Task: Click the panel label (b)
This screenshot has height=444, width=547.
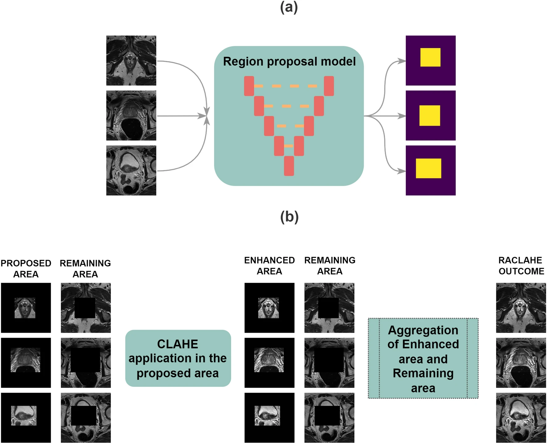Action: pos(289,217)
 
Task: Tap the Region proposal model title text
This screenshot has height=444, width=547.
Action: pos(289,61)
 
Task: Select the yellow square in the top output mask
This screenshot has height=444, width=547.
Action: pos(430,57)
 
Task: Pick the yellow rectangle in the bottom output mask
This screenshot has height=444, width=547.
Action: pos(428,168)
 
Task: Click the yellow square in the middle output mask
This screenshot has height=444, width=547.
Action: pos(430,115)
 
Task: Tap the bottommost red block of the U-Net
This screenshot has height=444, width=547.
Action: pos(289,166)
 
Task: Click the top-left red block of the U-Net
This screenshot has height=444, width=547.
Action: pos(249,86)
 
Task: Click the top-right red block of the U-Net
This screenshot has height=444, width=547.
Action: pos(329,86)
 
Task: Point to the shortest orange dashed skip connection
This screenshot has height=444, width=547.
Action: pos(288,146)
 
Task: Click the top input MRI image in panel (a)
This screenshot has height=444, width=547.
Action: pos(131,60)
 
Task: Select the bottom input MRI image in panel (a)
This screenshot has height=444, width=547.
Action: pos(131,170)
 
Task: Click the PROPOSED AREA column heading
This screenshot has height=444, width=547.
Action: pos(26,268)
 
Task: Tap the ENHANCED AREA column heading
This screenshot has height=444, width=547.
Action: pos(269,266)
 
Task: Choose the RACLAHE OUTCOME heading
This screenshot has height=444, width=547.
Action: pos(521,266)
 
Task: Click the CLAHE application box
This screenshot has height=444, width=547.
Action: pos(178,358)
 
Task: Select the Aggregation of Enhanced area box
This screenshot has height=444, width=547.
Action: pos(423,358)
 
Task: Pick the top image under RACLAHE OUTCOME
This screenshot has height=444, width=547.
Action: pos(521,308)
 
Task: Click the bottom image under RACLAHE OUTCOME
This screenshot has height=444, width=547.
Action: pos(521,418)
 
